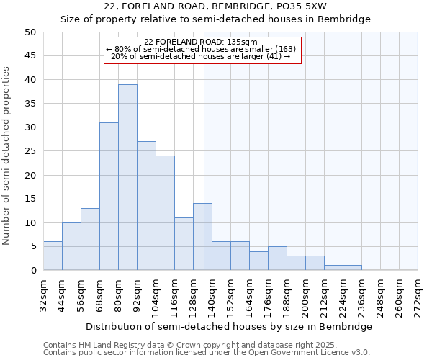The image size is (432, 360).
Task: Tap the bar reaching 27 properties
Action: [x=146, y=205]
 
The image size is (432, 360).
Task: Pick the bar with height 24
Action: [x=165, y=212]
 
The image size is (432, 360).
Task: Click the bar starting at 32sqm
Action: [x=53, y=256]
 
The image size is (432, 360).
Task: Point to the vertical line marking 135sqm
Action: [x=204, y=166]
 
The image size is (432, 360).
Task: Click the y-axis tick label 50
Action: [x=30, y=32]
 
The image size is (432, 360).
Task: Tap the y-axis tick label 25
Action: [x=30, y=151]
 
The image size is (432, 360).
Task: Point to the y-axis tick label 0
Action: [x=32, y=271]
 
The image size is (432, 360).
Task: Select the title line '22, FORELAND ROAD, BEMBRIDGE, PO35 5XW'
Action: [x=215, y=6]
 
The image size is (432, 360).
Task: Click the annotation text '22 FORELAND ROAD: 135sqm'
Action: [x=201, y=42]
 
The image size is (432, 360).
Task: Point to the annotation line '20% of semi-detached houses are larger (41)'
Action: [x=201, y=56]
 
